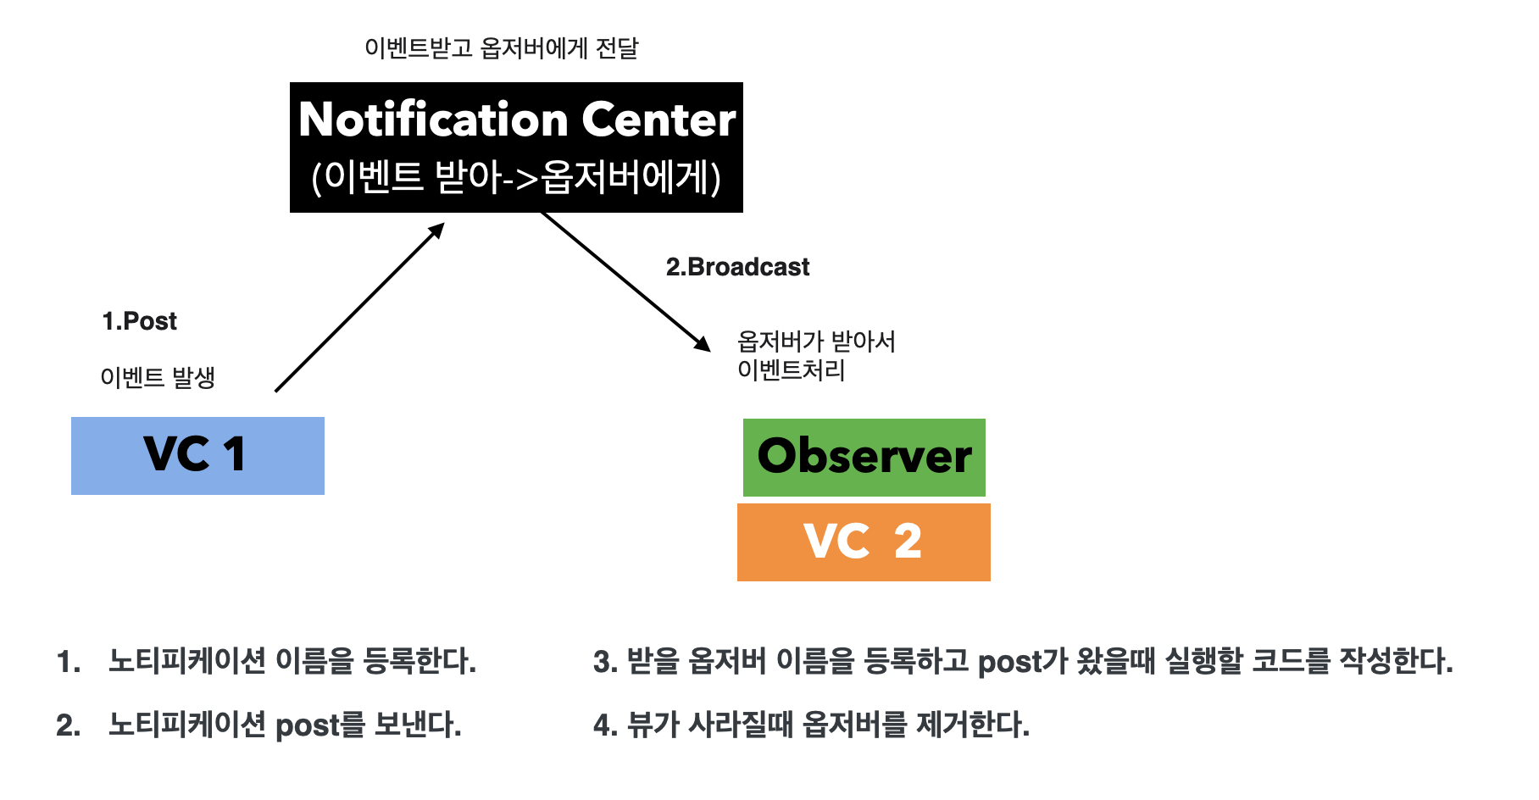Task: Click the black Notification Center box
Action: pos(516,147)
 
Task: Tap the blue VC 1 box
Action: pos(197,456)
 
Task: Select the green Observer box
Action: pos(864,458)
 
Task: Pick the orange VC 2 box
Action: pos(864,542)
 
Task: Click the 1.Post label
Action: pos(139,321)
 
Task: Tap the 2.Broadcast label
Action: pos(737,267)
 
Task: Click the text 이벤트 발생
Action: pos(158,377)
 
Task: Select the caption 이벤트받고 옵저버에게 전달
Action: pos(501,48)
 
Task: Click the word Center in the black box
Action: pos(658,119)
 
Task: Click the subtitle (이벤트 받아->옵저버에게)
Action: pos(516,178)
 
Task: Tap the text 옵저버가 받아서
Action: pos(816,342)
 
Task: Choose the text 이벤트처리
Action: pos(791,370)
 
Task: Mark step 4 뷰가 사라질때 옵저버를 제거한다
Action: pos(811,725)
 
